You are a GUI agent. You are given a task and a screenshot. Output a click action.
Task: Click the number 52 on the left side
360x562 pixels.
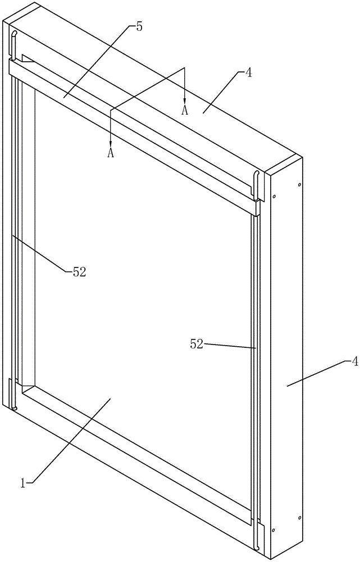click(79, 271)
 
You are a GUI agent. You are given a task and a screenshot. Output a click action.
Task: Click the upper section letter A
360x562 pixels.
click(184, 110)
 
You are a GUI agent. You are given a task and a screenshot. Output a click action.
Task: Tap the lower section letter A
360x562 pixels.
click(111, 153)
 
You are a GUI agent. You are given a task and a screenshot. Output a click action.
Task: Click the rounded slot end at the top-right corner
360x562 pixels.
click(257, 174)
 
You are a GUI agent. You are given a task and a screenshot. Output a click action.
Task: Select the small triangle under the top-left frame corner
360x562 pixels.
click(28, 58)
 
